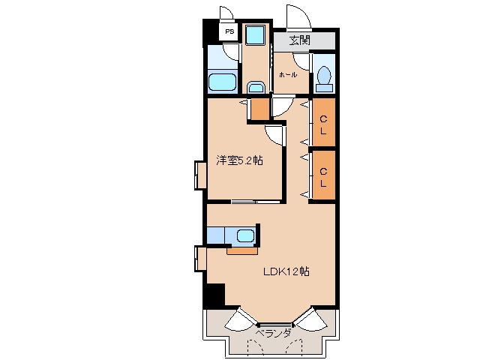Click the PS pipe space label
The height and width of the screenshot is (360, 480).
point(229,31)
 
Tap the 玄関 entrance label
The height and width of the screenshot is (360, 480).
point(299,40)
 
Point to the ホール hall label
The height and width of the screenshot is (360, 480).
point(288,75)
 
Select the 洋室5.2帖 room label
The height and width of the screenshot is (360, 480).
point(240,160)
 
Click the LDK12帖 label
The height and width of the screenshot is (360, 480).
point(286,271)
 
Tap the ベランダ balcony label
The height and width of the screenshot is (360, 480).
point(273,333)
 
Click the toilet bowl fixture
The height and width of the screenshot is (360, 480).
point(324,79)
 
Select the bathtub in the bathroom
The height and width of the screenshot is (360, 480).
point(223,82)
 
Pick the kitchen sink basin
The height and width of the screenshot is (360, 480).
point(245,236)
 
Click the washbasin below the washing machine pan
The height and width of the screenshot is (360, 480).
point(256,88)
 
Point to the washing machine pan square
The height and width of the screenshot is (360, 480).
point(255,34)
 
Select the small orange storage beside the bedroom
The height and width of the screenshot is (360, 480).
point(260,109)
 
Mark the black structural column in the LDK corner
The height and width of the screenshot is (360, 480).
point(215,295)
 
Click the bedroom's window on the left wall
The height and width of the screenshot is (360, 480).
point(200,175)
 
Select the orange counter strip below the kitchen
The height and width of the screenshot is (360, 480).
point(242,251)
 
